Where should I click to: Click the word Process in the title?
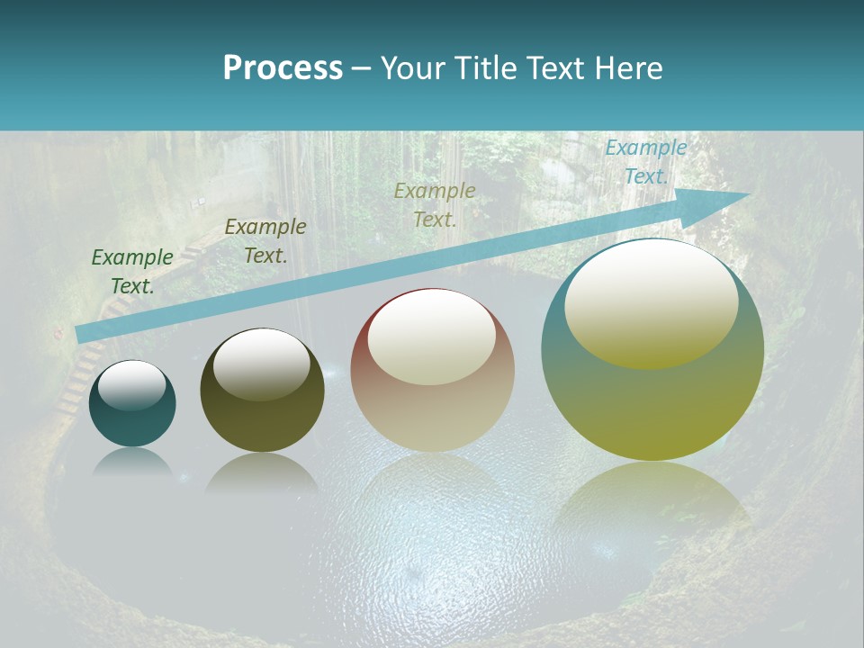[283, 68]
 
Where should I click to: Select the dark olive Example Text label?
[265, 241]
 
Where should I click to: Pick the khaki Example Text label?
[435, 204]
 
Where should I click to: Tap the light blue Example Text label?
[646, 162]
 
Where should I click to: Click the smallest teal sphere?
[132, 423]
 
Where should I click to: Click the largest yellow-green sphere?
[652, 405]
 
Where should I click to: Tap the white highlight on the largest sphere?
[652, 301]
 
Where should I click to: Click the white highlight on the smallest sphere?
[132, 384]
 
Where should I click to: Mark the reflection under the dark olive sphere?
[262, 473]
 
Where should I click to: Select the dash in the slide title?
[361, 69]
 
